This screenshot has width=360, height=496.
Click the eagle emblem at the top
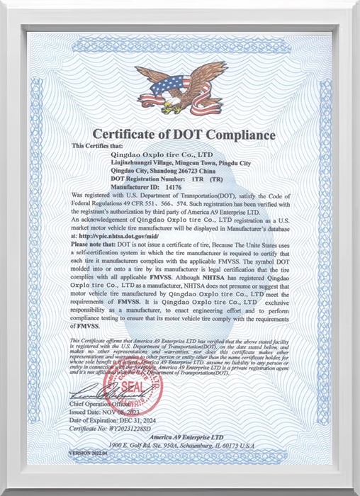(179, 89)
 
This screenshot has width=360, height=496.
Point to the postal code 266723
(194, 171)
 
